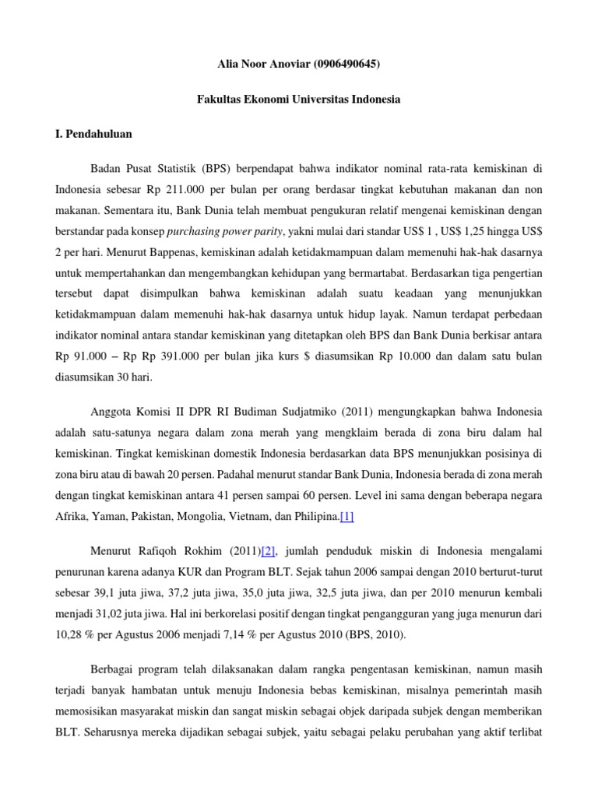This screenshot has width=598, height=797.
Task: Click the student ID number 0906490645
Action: pyautogui.click(x=347, y=65)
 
